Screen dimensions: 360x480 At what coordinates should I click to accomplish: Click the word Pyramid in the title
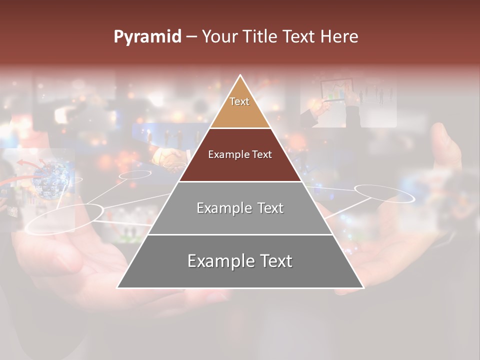pos(147,37)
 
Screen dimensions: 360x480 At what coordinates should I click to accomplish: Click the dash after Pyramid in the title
pos(191,37)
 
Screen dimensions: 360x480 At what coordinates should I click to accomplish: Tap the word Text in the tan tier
pos(239,101)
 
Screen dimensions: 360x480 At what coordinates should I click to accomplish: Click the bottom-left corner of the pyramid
pos(117,287)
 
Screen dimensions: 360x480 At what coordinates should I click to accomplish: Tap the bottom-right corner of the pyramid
pos(363,287)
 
